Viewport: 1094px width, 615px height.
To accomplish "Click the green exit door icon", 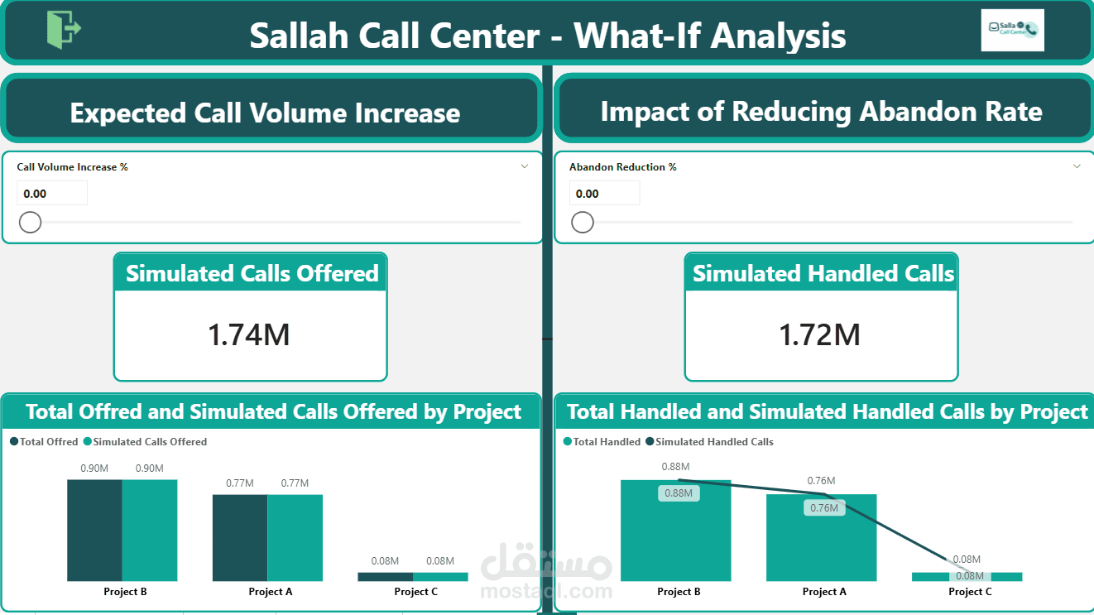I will click(x=64, y=30).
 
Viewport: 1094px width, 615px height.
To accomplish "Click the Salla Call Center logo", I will click(x=1012, y=31).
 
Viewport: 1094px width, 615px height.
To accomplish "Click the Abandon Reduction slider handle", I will click(x=583, y=222).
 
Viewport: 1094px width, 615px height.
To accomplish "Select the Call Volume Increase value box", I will click(x=52, y=194).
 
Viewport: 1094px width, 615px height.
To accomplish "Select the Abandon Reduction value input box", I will click(x=604, y=194).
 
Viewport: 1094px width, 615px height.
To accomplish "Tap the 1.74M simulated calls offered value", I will click(x=249, y=334).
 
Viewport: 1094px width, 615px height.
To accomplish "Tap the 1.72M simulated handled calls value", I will click(x=820, y=334).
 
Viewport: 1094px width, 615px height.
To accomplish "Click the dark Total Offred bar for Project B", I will click(x=94, y=530).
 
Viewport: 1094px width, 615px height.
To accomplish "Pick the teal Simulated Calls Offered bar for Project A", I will click(x=295, y=537).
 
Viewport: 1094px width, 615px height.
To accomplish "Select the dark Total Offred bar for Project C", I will click(x=385, y=576).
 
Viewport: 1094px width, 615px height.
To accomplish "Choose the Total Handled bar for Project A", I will click(x=821, y=542).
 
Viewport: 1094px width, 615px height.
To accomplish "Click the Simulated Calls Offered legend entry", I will click(x=150, y=442).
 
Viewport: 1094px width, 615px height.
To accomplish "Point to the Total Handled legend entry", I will click(x=606, y=442).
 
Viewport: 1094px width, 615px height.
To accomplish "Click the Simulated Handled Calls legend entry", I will click(x=713, y=442).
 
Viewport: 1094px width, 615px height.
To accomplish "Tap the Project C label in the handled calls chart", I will click(x=970, y=592).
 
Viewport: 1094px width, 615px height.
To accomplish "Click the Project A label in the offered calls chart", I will click(x=271, y=592).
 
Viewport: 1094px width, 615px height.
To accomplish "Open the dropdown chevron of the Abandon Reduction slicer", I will click(x=1077, y=166).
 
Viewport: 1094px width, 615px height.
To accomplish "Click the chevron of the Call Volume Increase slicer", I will click(x=525, y=166).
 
